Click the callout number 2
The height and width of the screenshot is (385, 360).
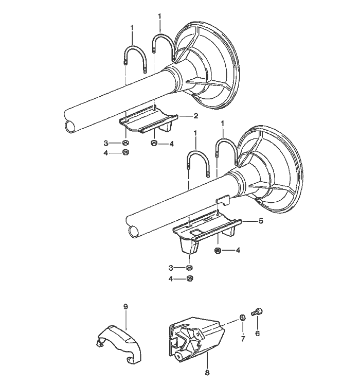coord(196,116)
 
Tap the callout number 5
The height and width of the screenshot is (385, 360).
coord(260,221)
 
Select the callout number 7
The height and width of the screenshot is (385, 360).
coord(243,339)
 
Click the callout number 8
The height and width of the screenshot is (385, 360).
coord(207,372)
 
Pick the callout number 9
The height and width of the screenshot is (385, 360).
coord(125,306)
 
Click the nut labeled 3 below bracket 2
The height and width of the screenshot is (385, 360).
coord(125,143)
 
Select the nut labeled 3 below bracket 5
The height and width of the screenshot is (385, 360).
coord(190,268)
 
